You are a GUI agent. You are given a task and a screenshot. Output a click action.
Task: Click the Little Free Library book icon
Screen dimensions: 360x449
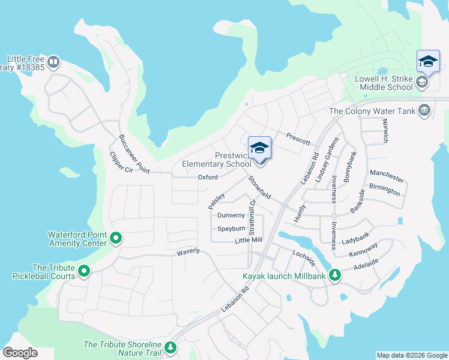(x=53, y=61)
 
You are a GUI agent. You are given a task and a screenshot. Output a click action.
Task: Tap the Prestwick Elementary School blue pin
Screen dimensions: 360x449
(x=259, y=149)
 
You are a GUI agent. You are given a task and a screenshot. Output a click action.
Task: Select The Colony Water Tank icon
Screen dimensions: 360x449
(x=425, y=110)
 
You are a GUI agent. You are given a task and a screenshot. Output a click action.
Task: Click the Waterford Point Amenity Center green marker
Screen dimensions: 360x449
(x=116, y=239)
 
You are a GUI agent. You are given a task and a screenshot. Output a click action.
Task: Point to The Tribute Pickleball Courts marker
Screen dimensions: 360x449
(x=85, y=271)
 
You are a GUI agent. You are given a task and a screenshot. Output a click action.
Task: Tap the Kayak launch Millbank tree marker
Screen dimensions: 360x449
(x=335, y=275)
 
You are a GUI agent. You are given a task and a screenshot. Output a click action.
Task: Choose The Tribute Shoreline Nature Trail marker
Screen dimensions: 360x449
(x=171, y=347)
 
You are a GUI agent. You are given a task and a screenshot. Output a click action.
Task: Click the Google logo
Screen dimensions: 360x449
(x=20, y=353)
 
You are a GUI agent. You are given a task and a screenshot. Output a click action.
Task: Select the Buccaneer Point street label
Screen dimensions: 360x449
(x=134, y=153)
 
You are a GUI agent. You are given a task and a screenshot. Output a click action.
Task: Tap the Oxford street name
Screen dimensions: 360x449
(x=207, y=177)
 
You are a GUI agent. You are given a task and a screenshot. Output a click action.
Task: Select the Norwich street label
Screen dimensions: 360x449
(x=385, y=130)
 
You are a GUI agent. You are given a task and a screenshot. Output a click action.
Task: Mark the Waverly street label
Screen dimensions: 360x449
(x=187, y=251)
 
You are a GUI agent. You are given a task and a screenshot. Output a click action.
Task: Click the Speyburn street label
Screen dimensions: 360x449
(x=231, y=229)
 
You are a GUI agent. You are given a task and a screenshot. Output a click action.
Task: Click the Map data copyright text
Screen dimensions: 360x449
(x=411, y=355)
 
